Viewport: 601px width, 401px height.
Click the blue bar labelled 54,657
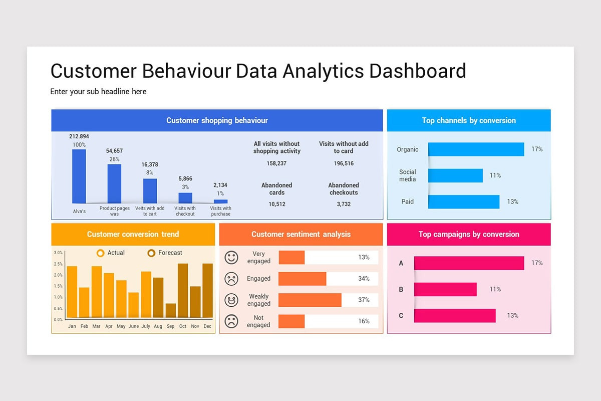click(114, 183)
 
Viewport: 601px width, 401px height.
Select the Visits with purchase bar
click(220, 202)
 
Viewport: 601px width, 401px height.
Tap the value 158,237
click(277, 163)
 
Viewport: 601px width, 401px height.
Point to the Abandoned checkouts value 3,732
click(344, 204)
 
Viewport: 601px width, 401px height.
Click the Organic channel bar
click(476, 149)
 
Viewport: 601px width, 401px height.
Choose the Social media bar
click(455, 175)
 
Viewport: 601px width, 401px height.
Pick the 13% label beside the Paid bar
click(512, 202)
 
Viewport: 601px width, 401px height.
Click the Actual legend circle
click(100, 253)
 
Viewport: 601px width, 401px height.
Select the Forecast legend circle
click(151, 253)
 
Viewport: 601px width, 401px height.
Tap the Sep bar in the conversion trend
click(171, 311)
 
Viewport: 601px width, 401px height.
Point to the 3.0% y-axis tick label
click(58, 253)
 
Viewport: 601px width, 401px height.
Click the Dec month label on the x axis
click(207, 326)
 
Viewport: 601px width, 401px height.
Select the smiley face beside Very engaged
click(231, 258)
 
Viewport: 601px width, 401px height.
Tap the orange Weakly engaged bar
click(310, 300)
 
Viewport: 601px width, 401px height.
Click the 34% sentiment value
click(364, 279)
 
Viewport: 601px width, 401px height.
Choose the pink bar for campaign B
click(445, 289)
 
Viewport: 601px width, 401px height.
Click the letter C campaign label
click(401, 315)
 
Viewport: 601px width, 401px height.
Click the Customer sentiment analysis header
click(301, 234)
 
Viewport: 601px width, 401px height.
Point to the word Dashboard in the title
click(418, 71)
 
